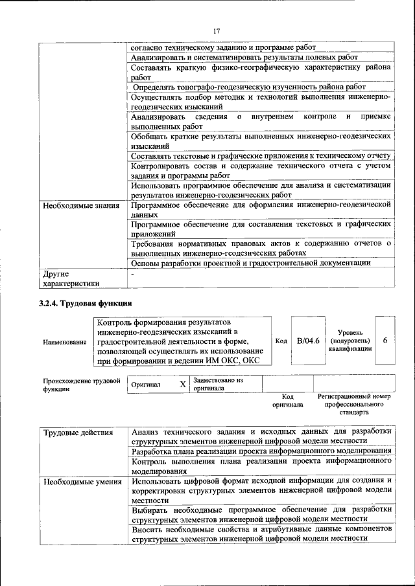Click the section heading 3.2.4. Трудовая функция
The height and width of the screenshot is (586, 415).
[86, 303]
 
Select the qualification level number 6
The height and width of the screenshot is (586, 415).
[385, 341]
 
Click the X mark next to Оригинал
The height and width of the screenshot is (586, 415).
[183, 384]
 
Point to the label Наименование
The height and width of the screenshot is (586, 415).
[65, 341]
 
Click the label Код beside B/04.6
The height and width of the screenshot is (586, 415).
[281, 341]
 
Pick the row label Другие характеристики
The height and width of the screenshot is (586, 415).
[71, 278]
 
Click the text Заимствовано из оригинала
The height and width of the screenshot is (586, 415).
[217, 385]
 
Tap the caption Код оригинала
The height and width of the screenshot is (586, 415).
[289, 400]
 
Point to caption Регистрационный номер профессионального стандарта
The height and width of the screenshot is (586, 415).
[353, 403]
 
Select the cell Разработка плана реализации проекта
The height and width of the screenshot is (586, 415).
[261, 451]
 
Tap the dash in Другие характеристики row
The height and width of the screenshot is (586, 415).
[132, 274]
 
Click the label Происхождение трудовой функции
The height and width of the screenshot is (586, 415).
[82, 385]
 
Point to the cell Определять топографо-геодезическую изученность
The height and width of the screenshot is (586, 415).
[249, 86]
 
